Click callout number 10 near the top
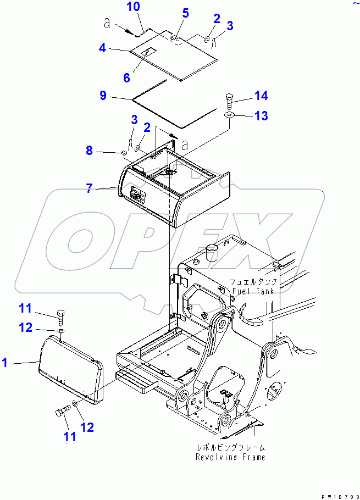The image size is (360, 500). click(x=134, y=7)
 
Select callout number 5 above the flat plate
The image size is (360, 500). click(x=186, y=13)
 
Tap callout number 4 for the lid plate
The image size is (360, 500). click(x=102, y=48)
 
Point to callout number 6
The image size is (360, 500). click(x=127, y=77)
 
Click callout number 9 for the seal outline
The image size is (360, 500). click(x=103, y=96)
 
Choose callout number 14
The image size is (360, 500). click(x=261, y=96)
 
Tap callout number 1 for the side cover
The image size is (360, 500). click(x=5, y=362)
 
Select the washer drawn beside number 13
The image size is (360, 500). click(x=229, y=115)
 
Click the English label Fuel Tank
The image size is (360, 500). click(x=253, y=291)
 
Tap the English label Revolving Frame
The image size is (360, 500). click(x=230, y=457)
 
